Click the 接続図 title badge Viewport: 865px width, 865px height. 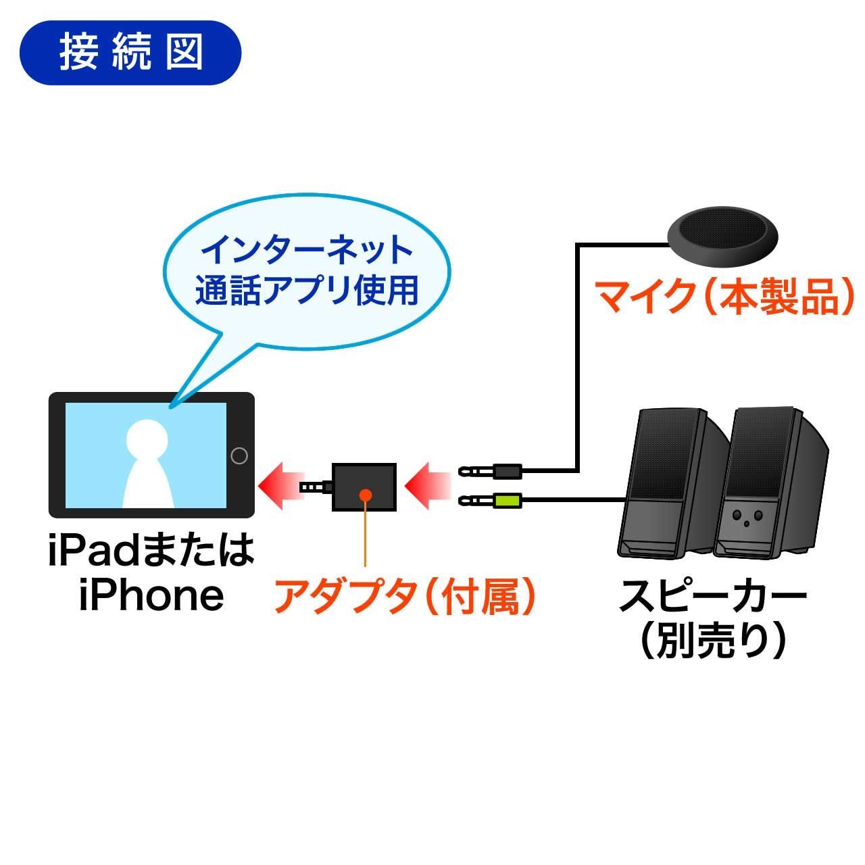(130, 53)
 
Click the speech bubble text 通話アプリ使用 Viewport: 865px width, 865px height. (307, 291)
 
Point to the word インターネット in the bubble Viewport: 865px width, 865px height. (308, 251)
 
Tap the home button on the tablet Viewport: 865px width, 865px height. (239, 455)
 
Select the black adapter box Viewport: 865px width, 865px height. (364, 486)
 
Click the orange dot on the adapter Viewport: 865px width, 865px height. (365, 494)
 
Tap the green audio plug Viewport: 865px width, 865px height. (506, 501)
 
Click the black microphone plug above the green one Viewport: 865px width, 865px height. (506, 469)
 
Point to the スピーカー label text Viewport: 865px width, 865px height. (713, 596)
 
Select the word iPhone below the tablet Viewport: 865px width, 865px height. (151, 595)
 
